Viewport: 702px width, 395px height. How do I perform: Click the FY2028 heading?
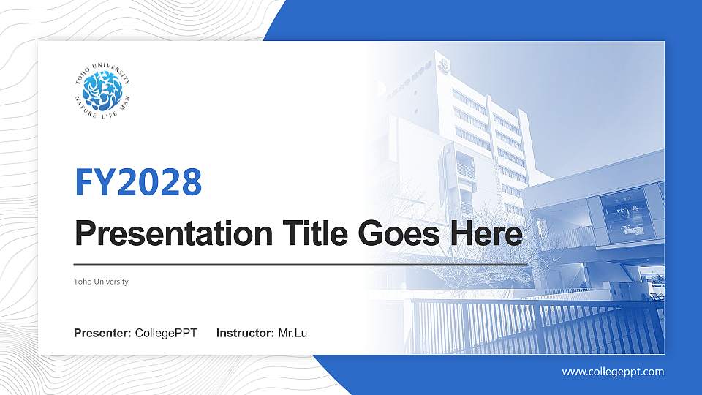[x=138, y=182]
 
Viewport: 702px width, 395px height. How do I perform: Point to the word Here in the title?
[x=493, y=234]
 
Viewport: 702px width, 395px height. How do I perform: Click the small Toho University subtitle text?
[x=101, y=282]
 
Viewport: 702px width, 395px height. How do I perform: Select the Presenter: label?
[x=102, y=334]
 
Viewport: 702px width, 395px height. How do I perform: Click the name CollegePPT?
[x=166, y=334]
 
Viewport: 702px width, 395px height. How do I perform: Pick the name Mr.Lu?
[x=293, y=334]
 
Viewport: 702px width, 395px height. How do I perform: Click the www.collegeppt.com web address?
[x=613, y=372]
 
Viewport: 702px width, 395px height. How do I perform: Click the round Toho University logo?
[x=102, y=90]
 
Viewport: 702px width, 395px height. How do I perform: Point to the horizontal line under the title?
[x=300, y=264]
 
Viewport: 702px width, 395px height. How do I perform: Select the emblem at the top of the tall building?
[x=442, y=66]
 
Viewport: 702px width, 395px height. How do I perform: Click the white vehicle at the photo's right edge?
[x=653, y=287]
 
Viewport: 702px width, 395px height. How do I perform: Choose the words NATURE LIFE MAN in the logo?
[x=102, y=113]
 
